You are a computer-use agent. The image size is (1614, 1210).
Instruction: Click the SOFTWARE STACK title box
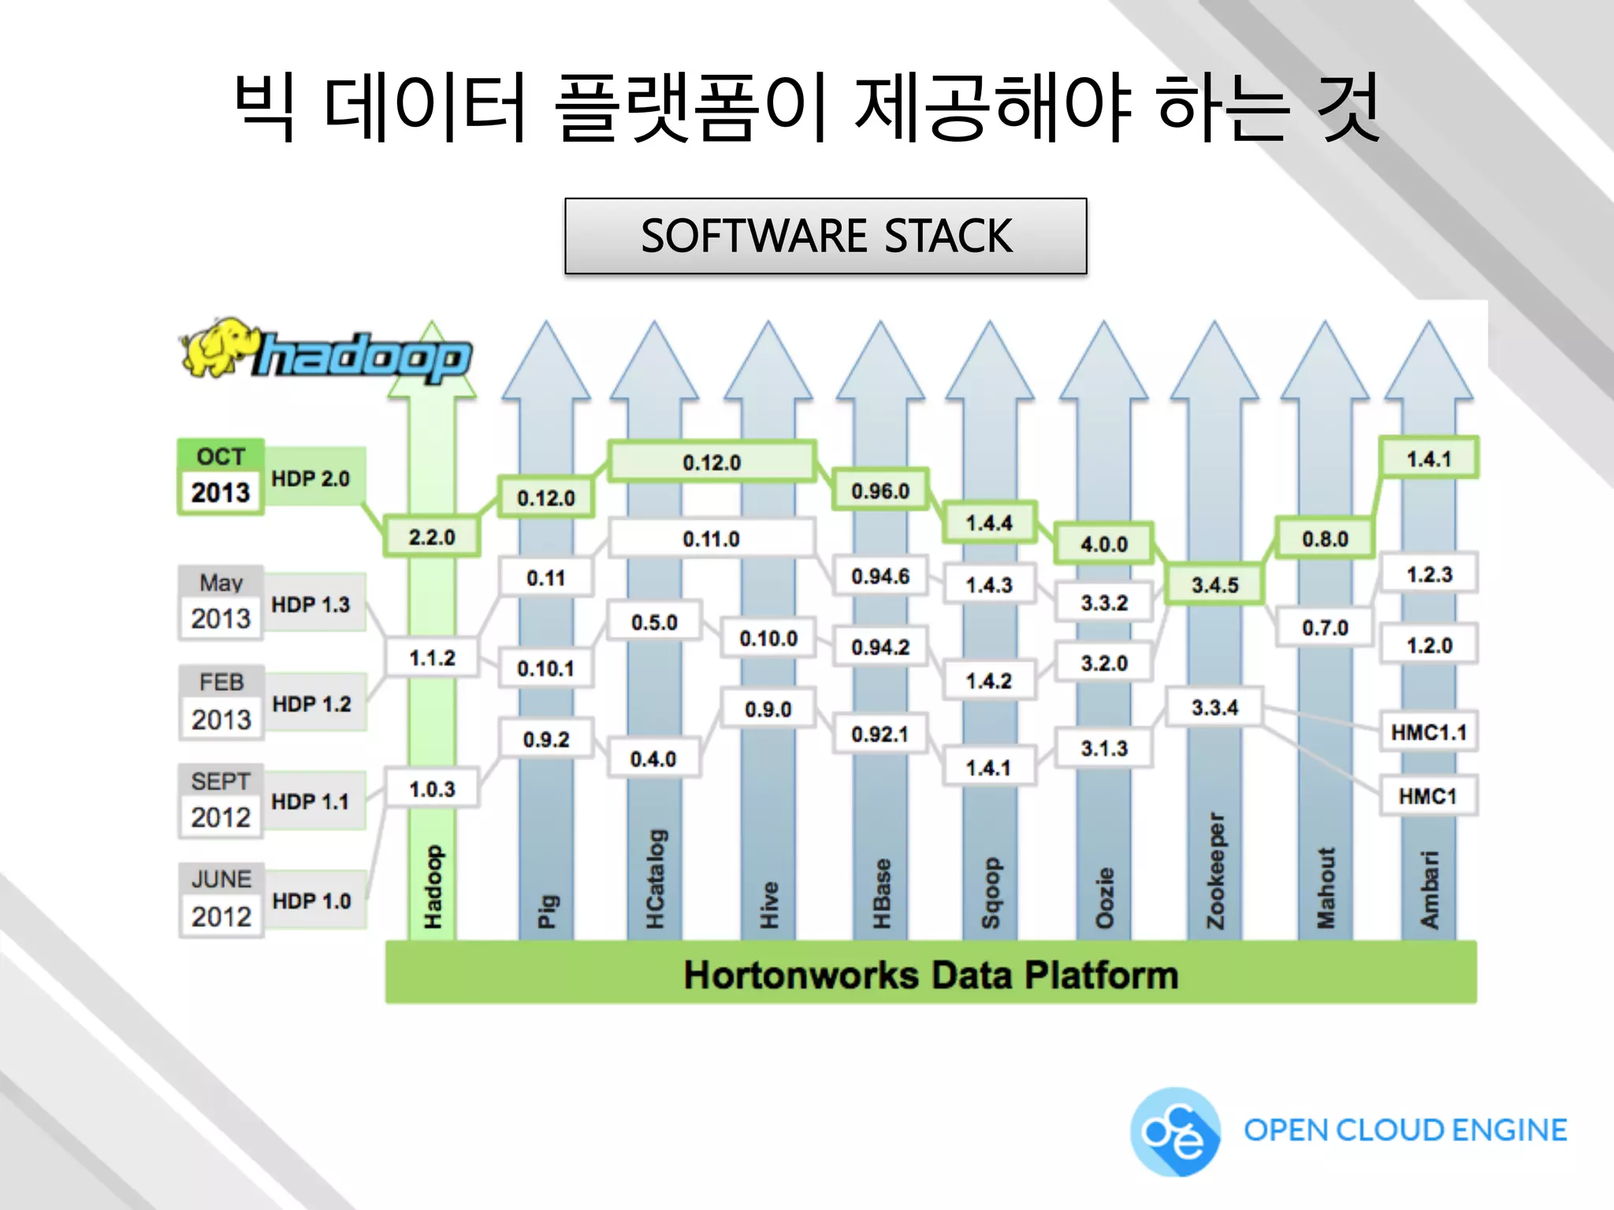click(825, 236)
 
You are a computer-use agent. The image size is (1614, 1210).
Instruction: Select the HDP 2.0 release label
click(311, 478)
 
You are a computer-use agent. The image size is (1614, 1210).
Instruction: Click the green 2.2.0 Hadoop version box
click(432, 537)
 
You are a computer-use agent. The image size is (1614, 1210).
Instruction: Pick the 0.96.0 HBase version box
click(880, 491)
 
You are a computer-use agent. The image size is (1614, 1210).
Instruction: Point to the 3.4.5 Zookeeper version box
click(1214, 585)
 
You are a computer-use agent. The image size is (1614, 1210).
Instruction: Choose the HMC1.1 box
click(1428, 733)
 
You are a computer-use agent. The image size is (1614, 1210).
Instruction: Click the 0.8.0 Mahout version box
click(1325, 539)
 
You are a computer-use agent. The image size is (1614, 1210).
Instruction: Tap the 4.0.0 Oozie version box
click(1103, 544)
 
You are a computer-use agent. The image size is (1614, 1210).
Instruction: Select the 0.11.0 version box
click(711, 539)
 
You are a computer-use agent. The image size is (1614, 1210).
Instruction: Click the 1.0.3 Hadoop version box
click(432, 789)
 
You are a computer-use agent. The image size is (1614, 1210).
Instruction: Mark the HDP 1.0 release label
click(311, 900)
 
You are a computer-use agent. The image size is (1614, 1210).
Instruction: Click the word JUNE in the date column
click(221, 879)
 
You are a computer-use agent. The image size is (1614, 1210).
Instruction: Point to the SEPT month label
click(221, 781)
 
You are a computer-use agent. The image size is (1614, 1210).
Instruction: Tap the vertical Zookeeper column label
click(1216, 871)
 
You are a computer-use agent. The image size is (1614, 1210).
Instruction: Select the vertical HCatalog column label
click(656, 879)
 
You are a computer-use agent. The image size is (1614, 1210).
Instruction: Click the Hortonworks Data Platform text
click(931, 974)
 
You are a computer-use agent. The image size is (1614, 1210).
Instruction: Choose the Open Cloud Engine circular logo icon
click(1175, 1132)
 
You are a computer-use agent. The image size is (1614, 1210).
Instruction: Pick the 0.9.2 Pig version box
click(546, 739)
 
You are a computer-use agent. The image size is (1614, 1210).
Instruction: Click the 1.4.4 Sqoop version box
click(989, 522)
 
